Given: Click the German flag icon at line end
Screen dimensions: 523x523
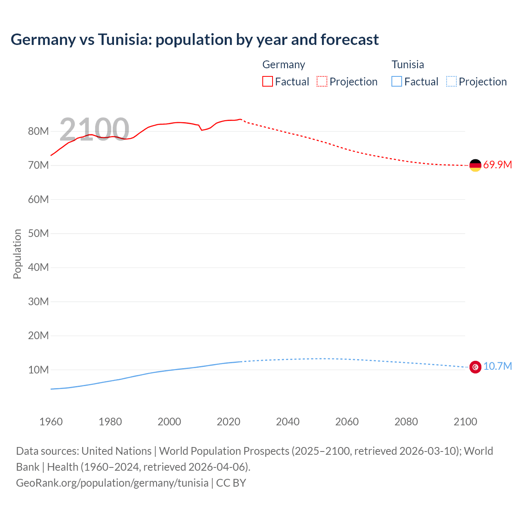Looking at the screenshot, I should pos(475,165).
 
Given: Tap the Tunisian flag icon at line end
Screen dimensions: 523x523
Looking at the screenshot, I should pos(475,367).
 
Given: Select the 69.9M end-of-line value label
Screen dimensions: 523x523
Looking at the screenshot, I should pos(497,165).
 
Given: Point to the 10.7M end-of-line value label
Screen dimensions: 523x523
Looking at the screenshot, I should pos(497,366).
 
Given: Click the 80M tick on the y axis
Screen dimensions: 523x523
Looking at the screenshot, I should pos(38,132).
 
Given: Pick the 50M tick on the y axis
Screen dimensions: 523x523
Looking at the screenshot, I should pos(38,234).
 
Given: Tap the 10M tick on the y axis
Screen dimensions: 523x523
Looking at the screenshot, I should pos(38,370).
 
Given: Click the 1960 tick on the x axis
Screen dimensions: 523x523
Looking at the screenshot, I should pos(51,422).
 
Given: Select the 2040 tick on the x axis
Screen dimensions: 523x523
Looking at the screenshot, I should pos(288,422).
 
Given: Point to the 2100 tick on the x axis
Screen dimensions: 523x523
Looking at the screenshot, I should pos(465,422).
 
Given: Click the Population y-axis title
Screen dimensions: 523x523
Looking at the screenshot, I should pos(17,254).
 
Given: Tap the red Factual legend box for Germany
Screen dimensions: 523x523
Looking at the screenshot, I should pos(267,81).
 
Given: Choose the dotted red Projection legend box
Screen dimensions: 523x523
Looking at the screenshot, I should pos(322,81).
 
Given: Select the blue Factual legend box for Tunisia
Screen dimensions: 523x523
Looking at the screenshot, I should pos(397,81).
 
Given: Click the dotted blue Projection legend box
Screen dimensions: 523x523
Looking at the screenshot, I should pos(451,81).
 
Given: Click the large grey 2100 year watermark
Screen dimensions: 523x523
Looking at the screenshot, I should pos(94,130).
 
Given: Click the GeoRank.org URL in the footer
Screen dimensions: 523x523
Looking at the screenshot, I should pos(112,483).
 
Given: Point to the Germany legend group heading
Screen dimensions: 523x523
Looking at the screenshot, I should pos(284,65).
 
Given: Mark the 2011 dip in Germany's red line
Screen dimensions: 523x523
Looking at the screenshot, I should pos(201,130).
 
